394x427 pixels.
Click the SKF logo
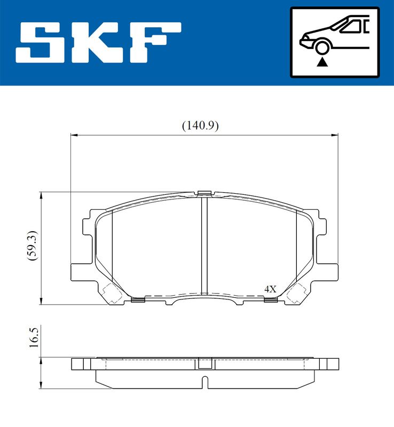tap(98, 43)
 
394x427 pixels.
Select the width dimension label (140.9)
tap(200, 126)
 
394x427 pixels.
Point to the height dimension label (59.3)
tap(33, 246)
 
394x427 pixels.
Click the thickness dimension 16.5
tap(34, 337)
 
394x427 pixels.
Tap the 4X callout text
tap(270, 289)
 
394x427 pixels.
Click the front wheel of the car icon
tap(322, 48)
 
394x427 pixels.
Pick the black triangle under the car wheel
tap(322, 62)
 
